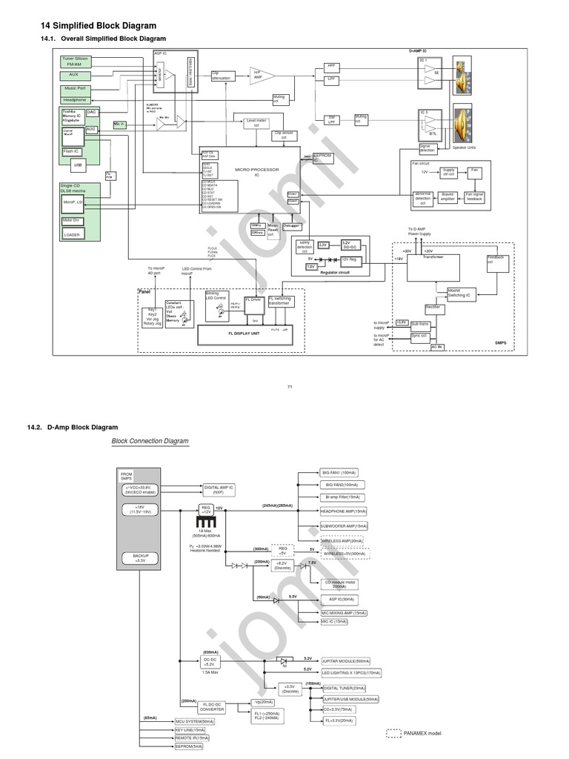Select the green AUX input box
tap(74, 75)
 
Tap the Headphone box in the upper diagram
tap(74, 99)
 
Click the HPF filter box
tap(332, 66)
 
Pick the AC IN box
tap(437, 347)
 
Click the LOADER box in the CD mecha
tap(73, 234)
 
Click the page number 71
tap(290, 387)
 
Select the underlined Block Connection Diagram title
tap(150, 441)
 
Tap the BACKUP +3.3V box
tap(141, 557)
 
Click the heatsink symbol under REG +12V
tap(207, 523)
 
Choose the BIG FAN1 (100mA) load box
tap(339, 472)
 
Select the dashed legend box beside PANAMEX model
tap(393, 733)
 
